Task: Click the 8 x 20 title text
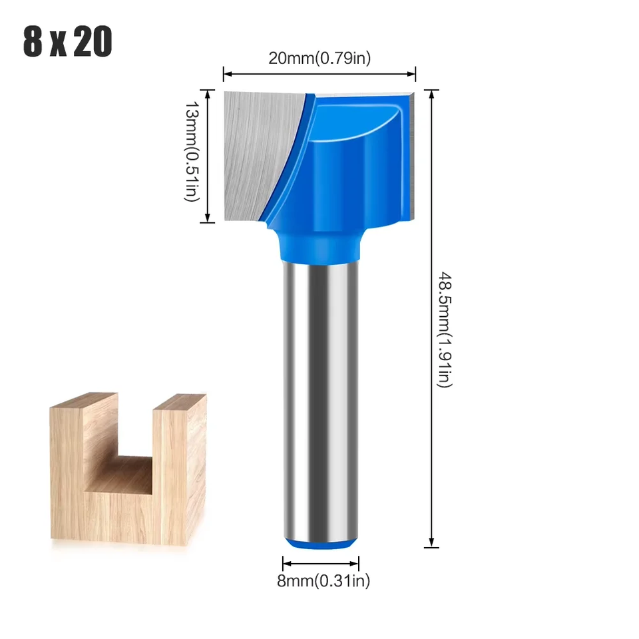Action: click(x=67, y=42)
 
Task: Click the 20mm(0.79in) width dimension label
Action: click(x=319, y=58)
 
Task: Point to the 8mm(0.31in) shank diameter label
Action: click(x=323, y=581)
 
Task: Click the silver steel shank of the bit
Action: click(x=320, y=399)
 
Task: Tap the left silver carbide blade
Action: click(x=256, y=153)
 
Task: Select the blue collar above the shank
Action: click(x=320, y=246)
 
